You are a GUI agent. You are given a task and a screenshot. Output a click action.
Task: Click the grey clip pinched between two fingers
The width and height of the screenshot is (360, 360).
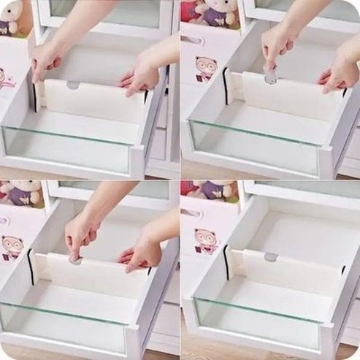(270, 74)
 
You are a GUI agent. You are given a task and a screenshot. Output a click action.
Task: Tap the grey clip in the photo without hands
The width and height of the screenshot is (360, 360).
(271, 257)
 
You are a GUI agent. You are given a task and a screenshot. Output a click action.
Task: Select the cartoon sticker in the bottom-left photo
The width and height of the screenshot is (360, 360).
(12, 246)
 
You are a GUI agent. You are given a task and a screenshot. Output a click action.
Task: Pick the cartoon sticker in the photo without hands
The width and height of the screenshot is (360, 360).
(205, 240)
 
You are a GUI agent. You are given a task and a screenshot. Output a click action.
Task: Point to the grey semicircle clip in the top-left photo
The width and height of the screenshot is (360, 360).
(73, 85)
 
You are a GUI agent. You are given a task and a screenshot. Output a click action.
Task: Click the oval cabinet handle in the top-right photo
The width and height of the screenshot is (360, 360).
(192, 40)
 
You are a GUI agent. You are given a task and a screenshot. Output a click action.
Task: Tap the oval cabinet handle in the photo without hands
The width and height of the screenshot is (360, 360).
(191, 212)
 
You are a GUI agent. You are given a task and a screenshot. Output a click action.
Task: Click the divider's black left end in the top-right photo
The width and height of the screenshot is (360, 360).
(226, 85)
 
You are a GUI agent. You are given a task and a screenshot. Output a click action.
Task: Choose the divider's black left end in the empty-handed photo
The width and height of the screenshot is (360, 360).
(227, 263)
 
